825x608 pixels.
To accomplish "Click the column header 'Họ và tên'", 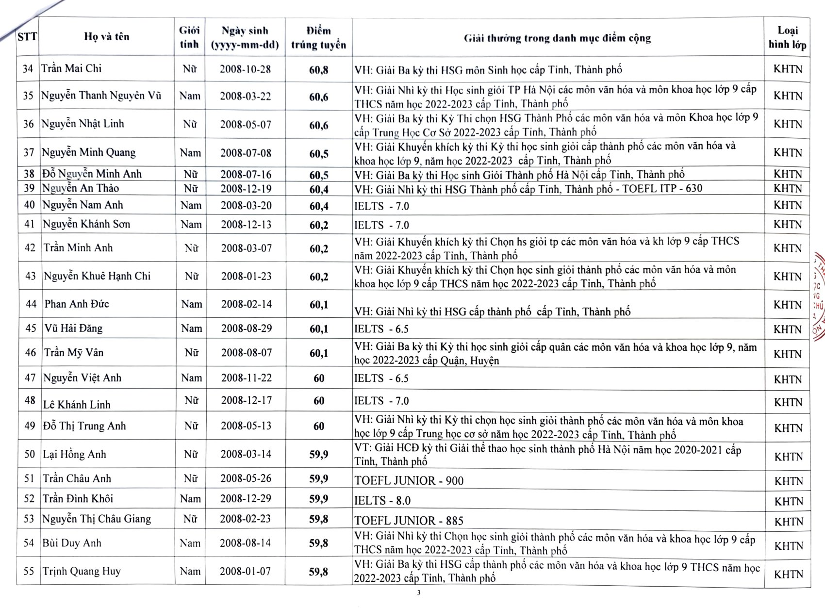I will pos(107,37).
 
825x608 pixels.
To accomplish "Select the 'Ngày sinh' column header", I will pos(245,37).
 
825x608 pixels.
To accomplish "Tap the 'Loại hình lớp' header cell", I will pos(787,37).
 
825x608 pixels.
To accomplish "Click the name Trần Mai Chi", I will pos(71,68).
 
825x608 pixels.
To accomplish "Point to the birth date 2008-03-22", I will pos(246,96).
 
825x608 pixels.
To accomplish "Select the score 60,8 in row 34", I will pos(319,70).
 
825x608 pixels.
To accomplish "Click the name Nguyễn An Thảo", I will pos(81,188).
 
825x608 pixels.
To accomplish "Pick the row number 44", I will pos(31,304).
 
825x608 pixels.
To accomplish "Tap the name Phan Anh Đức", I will pos(77,304).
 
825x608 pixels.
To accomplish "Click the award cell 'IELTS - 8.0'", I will pos(382,500).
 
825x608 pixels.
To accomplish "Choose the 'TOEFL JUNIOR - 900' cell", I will pos(409,480).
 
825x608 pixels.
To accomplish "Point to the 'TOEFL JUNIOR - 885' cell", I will pos(409,521).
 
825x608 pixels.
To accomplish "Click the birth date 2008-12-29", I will pos(246,499).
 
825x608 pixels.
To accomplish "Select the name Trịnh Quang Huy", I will pos(82,571).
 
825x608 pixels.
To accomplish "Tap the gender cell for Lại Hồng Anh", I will pos(191,454).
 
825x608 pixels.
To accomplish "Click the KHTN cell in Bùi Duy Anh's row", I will pos(789,546).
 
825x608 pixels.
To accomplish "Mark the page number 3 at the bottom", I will pos(419,592).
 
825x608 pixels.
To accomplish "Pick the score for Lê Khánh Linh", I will pos(319,401).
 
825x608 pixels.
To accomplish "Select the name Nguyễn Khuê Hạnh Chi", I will pos(97,276).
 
